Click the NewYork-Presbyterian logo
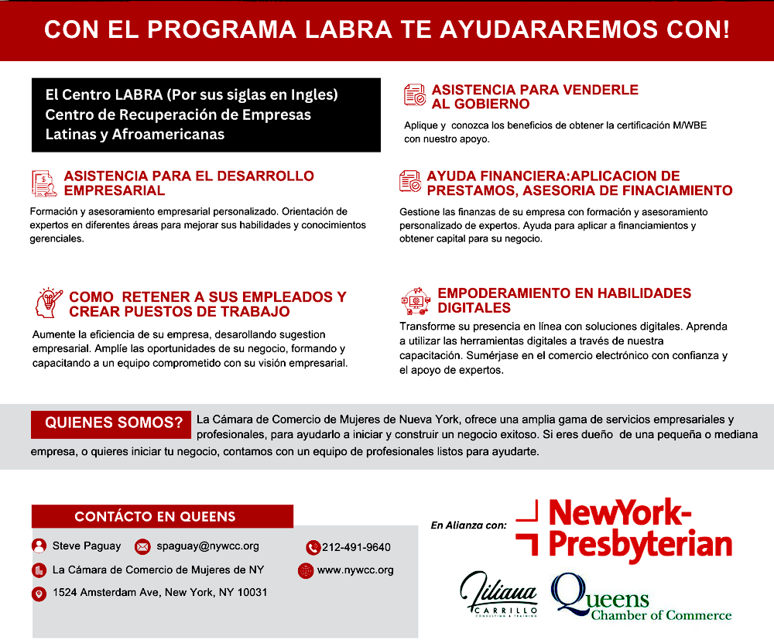[x=624, y=529]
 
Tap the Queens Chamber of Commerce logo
[x=640, y=598]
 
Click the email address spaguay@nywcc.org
[x=207, y=546]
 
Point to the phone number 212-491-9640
[x=356, y=547]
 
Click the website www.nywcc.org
[x=355, y=570]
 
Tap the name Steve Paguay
[x=87, y=546]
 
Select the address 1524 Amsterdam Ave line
[x=160, y=593]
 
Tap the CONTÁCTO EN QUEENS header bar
[x=163, y=516]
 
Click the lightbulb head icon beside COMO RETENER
[x=49, y=303]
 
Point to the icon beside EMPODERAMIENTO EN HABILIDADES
[x=414, y=301]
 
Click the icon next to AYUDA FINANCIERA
[x=410, y=182]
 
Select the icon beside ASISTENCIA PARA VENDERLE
[x=415, y=95]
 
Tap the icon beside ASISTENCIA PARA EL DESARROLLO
[x=44, y=183]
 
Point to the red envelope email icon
[x=142, y=546]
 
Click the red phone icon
[x=313, y=547]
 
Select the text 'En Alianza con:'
[x=468, y=525]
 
